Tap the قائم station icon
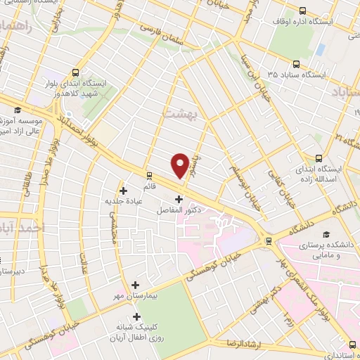pos(148,175)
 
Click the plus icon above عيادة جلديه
pos(124,190)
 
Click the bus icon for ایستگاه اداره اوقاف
pos(303,11)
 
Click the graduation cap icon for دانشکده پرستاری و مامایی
pos(325,235)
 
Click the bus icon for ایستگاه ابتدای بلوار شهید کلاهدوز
pos(75,72)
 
